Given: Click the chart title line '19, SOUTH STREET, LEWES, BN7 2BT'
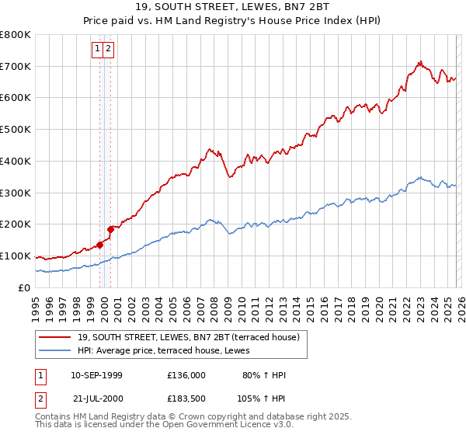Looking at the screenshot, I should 233,7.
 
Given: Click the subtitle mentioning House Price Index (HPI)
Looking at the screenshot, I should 233,21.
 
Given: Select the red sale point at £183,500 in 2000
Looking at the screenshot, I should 111,229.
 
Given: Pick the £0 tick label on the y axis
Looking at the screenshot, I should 25,287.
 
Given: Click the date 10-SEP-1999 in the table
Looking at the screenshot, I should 96,375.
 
